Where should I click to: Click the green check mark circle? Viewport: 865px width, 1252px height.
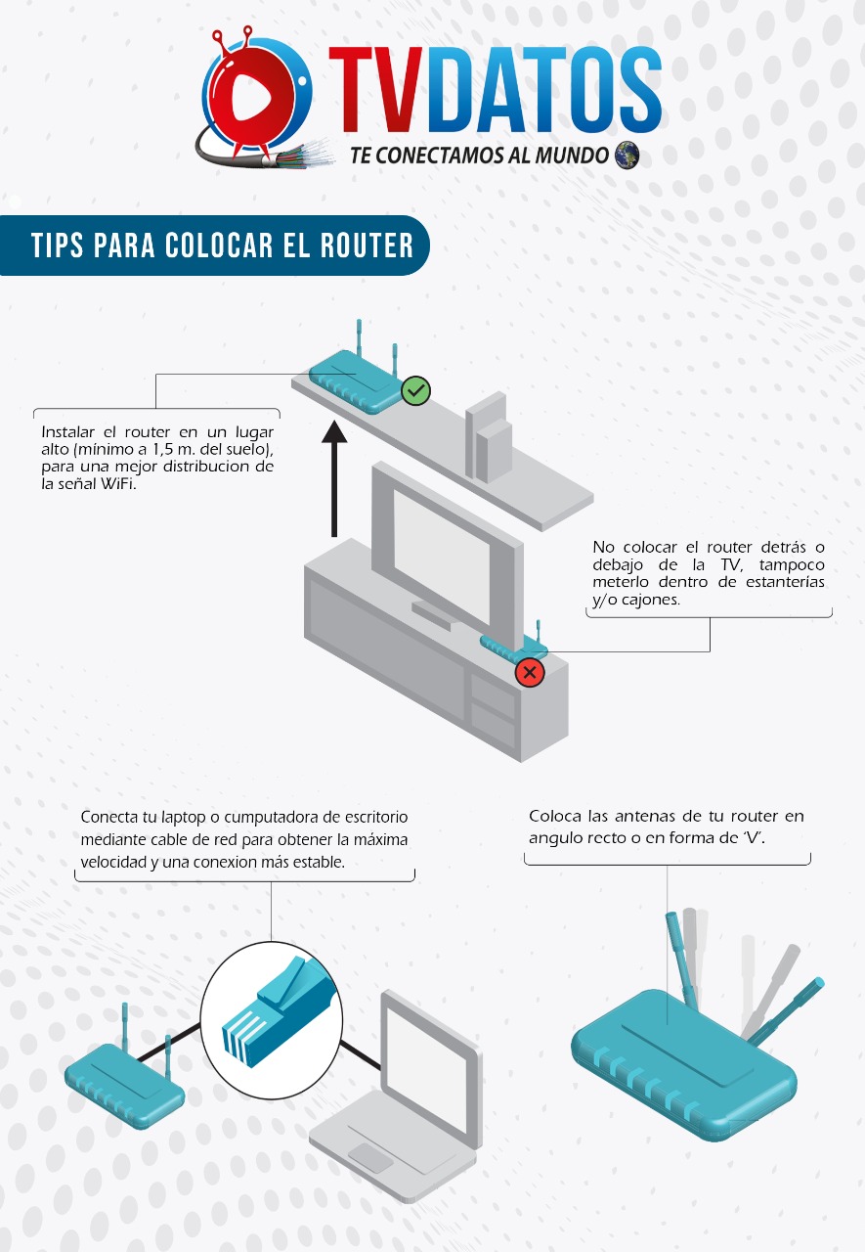click(416, 390)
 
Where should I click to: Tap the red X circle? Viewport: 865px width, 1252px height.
click(530, 672)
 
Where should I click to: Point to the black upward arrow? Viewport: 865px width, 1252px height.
click(334, 479)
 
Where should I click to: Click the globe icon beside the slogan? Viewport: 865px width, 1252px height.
click(627, 155)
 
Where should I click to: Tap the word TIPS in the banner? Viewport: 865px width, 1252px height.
click(57, 246)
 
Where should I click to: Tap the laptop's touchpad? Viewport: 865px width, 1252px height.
click(370, 1157)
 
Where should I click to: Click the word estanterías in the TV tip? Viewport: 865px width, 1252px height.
click(785, 582)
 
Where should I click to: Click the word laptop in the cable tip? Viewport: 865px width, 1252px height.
click(183, 818)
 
